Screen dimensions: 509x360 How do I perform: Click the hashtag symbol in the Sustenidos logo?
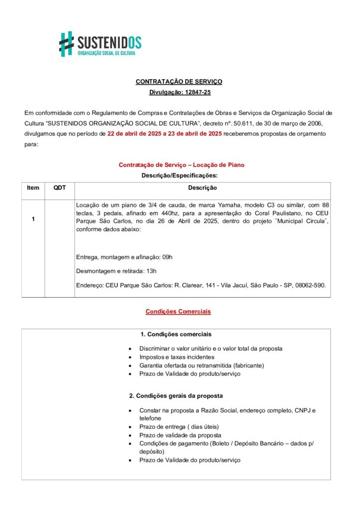[x=67, y=44]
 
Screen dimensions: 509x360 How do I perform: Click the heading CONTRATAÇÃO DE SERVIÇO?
[x=179, y=82]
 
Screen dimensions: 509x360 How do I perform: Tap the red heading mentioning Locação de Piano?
[x=181, y=165]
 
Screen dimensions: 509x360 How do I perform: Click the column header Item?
[x=33, y=188]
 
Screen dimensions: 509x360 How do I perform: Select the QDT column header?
[x=60, y=188]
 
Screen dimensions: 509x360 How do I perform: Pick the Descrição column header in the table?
[x=202, y=188]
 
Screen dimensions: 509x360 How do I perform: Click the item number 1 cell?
[x=33, y=219]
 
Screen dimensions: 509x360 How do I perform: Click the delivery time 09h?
[x=167, y=257]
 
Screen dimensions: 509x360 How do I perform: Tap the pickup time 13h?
[x=151, y=271]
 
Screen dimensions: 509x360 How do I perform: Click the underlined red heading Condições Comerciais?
[x=178, y=312]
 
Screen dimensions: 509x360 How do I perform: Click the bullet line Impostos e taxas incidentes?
[x=177, y=357]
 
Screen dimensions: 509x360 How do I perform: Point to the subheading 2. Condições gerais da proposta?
[x=176, y=396]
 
